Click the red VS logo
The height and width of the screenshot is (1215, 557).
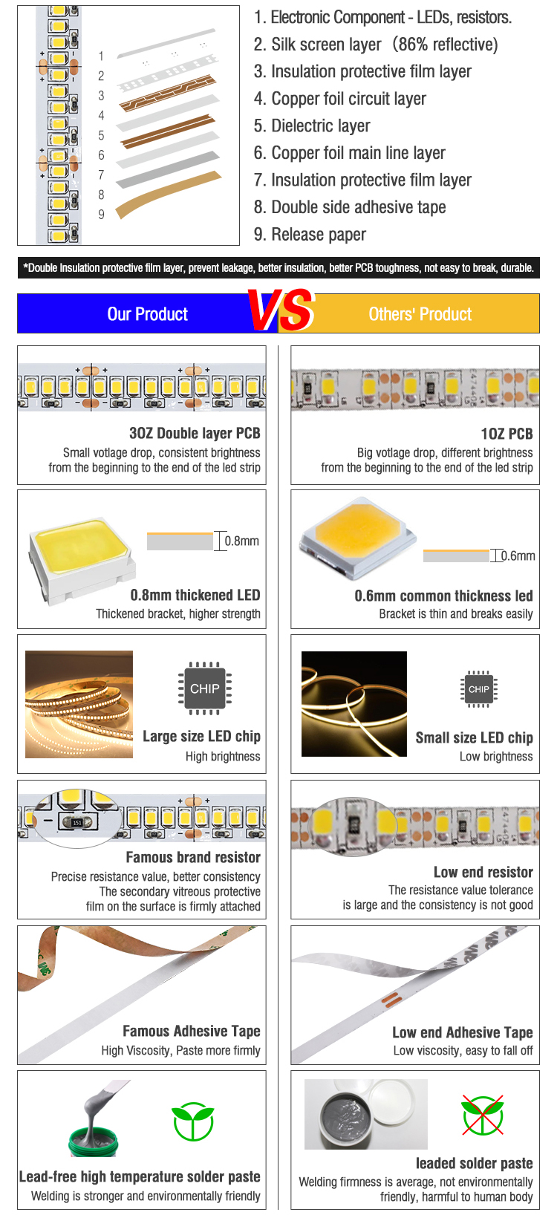(x=281, y=310)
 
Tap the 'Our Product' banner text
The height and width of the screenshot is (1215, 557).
(x=148, y=314)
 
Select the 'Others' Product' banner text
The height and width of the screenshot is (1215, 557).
(x=420, y=314)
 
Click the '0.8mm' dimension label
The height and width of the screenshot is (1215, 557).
(x=242, y=541)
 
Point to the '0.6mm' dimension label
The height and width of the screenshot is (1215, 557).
(x=518, y=556)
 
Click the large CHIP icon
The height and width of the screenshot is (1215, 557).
(x=204, y=688)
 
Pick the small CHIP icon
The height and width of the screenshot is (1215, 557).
(x=479, y=689)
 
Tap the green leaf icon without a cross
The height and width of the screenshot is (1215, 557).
(x=192, y=1121)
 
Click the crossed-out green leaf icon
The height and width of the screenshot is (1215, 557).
(x=483, y=1115)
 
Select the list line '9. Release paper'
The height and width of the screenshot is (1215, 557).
(x=310, y=235)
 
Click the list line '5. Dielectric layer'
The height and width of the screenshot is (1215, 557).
(x=312, y=126)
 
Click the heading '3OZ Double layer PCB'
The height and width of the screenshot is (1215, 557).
(x=195, y=433)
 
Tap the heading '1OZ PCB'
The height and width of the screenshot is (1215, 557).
(x=507, y=434)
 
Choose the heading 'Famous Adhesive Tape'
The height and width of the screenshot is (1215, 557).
(x=192, y=1031)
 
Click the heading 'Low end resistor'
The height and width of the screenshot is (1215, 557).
(x=483, y=872)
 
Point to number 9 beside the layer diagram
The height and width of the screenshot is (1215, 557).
(x=101, y=214)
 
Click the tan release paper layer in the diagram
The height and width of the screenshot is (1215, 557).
(x=169, y=194)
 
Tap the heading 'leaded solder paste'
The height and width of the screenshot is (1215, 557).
(x=475, y=1163)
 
